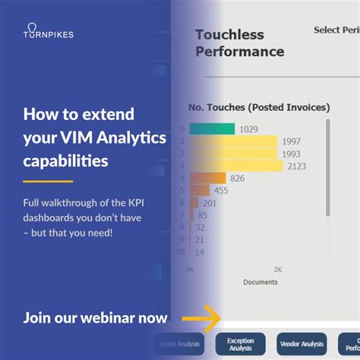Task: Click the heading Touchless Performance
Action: click(239, 43)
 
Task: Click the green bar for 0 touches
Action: click(212, 129)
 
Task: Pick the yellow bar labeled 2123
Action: click(235, 166)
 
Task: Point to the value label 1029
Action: click(250, 130)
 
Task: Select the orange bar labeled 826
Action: click(207, 178)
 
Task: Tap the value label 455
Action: click(221, 191)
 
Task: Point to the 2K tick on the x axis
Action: click(277, 270)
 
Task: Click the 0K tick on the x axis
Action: click(190, 270)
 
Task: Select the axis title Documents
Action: click(260, 283)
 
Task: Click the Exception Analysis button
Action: click(241, 345)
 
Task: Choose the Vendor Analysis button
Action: click(302, 345)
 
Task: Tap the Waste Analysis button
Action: click(180, 345)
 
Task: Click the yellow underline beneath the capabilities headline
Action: click(48, 182)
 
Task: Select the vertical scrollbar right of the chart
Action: click(327, 167)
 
